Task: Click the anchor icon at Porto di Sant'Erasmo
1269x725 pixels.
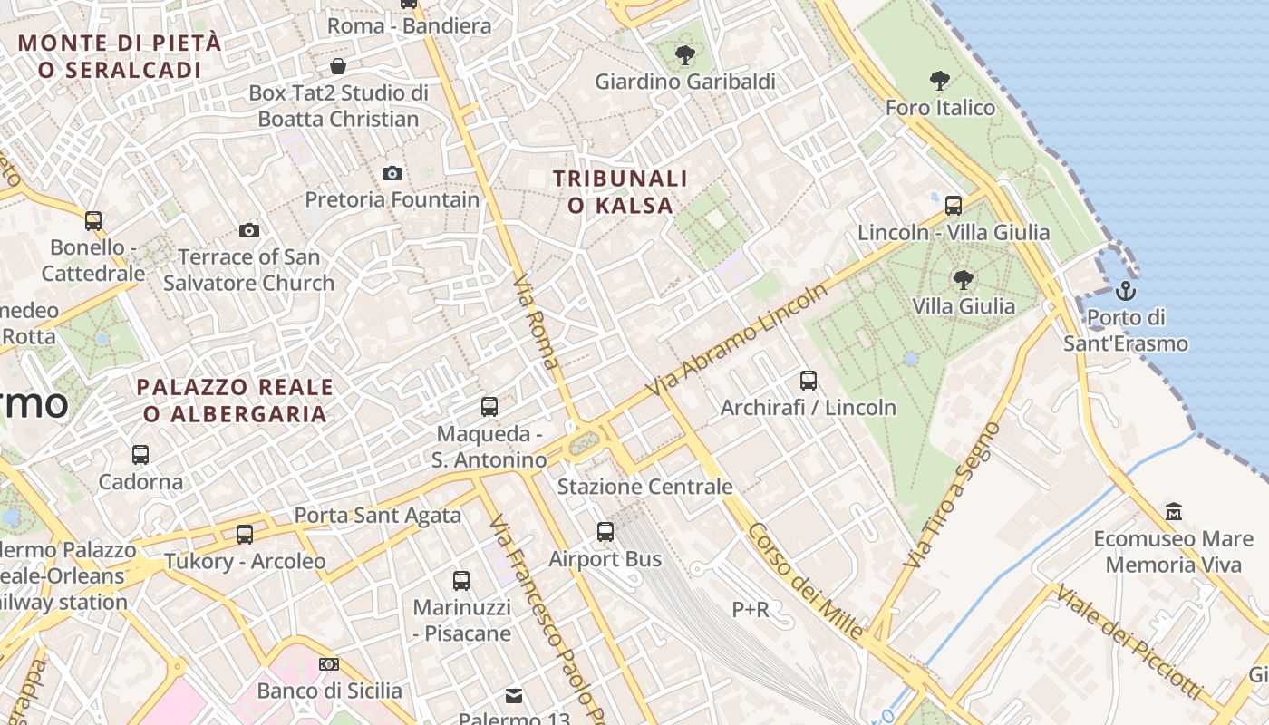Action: click(x=1125, y=291)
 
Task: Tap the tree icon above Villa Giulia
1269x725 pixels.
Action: click(x=963, y=279)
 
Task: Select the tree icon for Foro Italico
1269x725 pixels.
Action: click(x=940, y=81)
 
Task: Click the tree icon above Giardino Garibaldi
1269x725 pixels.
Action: click(x=685, y=55)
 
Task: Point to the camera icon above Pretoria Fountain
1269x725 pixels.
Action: click(x=392, y=173)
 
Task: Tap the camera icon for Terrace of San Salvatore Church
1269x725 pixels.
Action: click(x=249, y=230)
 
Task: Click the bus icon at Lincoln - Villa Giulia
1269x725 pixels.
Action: click(x=954, y=206)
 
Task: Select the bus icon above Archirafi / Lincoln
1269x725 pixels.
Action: click(x=809, y=381)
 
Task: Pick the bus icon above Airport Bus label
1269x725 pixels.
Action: click(x=605, y=532)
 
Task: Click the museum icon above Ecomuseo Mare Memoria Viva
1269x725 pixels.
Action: click(x=1174, y=512)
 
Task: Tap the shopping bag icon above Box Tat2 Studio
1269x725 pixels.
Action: click(x=338, y=66)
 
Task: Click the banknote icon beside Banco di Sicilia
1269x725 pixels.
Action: click(x=328, y=664)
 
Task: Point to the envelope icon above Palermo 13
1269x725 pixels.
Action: click(x=514, y=696)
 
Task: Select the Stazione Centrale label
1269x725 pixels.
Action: click(x=644, y=487)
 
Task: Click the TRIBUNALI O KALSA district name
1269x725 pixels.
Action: click(x=621, y=192)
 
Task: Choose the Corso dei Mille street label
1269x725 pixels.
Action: click(x=807, y=585)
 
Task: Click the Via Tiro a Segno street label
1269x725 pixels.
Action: click(x=954, y=495)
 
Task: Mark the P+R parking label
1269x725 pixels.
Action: click(x=751, y=610)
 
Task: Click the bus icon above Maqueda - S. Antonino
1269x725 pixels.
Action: click(x=489, y=407)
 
